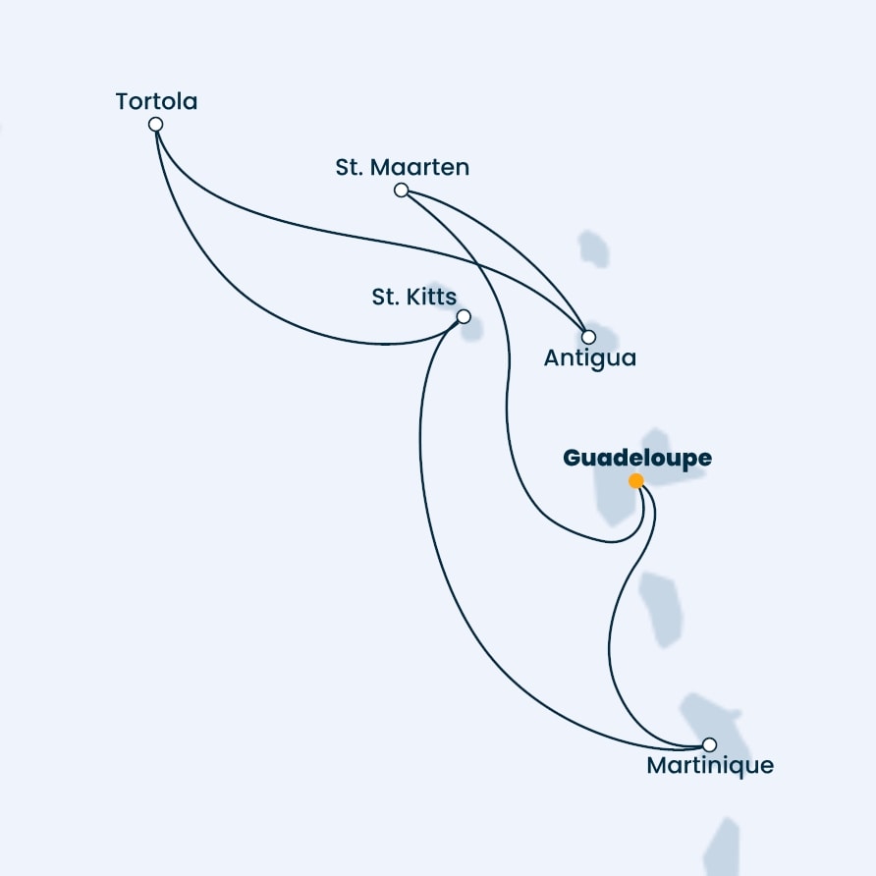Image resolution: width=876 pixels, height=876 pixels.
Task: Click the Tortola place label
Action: coord(156,102)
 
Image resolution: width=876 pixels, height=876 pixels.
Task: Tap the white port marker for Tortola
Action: coord(156,124)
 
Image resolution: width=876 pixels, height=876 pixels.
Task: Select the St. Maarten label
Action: coord(403,167)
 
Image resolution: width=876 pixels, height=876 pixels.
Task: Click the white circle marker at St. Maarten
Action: coord(401,190)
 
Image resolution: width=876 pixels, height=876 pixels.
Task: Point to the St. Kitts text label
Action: coord(414,297)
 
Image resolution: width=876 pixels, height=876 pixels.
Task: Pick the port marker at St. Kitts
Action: coord(464,317)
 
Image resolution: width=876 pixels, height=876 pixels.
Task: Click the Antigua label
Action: coord(590,358)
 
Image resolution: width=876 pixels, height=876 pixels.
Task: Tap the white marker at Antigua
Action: coord(588,337)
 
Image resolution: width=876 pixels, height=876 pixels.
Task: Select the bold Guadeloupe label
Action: coord(637,458)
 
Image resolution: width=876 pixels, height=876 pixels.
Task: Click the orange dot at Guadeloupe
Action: coord(635,480)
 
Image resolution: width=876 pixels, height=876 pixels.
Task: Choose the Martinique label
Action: coord(710,765)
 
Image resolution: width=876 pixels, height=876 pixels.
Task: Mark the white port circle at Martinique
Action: coord(709,744)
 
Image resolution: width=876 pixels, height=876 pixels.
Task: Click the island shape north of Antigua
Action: coord(593,248)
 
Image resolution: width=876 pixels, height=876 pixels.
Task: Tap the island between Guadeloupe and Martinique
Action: coord(661,609)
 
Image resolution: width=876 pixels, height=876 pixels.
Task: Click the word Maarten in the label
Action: coord(427,167)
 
